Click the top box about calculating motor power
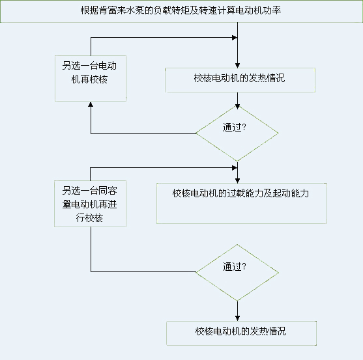pyautogui.click(x=181, y=12)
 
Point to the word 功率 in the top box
pyautogui.click(x=273, y=12)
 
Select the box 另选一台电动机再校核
pyautogui.click(x=90, y=77)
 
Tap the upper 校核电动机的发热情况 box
pyautogui.click(x=239, y=79)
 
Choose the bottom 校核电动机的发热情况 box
pyautogui.click(x=240, y=332)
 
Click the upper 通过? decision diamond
pyautogui.click(x=237, y=133)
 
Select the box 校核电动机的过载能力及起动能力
pyautogui.click(x=240, y=204)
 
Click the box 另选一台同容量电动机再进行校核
pyautogui.click(x=90, y=204)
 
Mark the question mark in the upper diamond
pyautogui.click(x=244, y=128)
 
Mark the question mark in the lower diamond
pyautogui.click(x=244, y=266)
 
